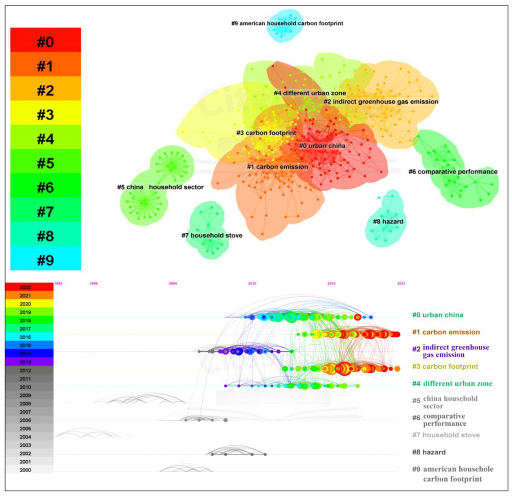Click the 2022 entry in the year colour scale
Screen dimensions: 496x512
[25, 287]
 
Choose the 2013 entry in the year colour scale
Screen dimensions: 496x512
[25, 362]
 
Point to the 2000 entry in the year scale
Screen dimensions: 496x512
[25, 470]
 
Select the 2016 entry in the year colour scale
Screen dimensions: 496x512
[25, 337]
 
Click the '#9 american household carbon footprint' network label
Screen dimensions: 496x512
[287, 23]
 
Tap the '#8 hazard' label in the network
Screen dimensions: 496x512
[388, 222]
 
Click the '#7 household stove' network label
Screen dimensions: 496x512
[212, 236]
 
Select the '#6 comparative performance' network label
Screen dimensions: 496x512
[453, 172]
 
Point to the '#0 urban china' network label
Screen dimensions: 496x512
[322, 146]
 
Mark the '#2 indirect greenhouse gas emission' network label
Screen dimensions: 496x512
[381, 102]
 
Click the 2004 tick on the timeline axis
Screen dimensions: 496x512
[173, 283]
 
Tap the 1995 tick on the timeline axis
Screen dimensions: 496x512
[58, 283]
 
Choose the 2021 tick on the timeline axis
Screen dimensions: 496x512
[401, 283]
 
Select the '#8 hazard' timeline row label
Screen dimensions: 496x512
[429, 452]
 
